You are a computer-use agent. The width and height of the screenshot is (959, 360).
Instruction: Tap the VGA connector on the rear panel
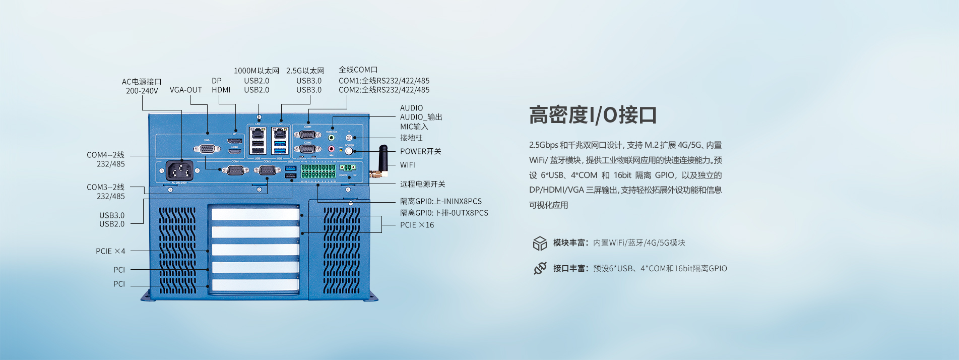click(x=207, y=149)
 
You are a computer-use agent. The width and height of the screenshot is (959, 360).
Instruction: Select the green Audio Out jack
click(x=331, y=137)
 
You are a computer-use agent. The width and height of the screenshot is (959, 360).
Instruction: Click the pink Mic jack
click(x=331, y=149)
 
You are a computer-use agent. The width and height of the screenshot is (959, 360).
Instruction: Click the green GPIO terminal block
click(x=318, y=171)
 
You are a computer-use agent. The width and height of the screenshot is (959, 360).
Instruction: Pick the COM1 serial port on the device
click(x=307, y=135)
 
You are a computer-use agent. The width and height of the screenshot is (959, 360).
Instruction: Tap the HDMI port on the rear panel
click(x=234, y=151)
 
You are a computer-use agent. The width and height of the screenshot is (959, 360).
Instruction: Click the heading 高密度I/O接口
click(x=593, y=115)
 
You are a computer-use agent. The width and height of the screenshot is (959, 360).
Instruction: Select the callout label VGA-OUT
click(x=185, y=90)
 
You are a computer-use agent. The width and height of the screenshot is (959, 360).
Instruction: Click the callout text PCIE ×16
click(x=417, y=225)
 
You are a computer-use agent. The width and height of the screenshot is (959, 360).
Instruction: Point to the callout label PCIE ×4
click(x=110, y=251)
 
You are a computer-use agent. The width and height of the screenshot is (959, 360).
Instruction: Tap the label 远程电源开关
click(x=422, y=184)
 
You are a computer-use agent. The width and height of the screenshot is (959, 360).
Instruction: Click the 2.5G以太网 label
click(x=305, y=71)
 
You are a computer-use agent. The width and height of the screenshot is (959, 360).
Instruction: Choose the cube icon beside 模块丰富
click(x=540, y=243)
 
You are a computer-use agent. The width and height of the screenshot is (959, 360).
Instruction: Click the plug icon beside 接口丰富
click(x=540, y=268)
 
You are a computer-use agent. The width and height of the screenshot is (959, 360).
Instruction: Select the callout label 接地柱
click(x=411, y=138)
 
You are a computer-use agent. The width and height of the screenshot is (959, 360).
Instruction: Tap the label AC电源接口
click(x=142, y=82)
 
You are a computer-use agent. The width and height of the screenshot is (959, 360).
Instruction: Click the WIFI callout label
click(x=408, y=165)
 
